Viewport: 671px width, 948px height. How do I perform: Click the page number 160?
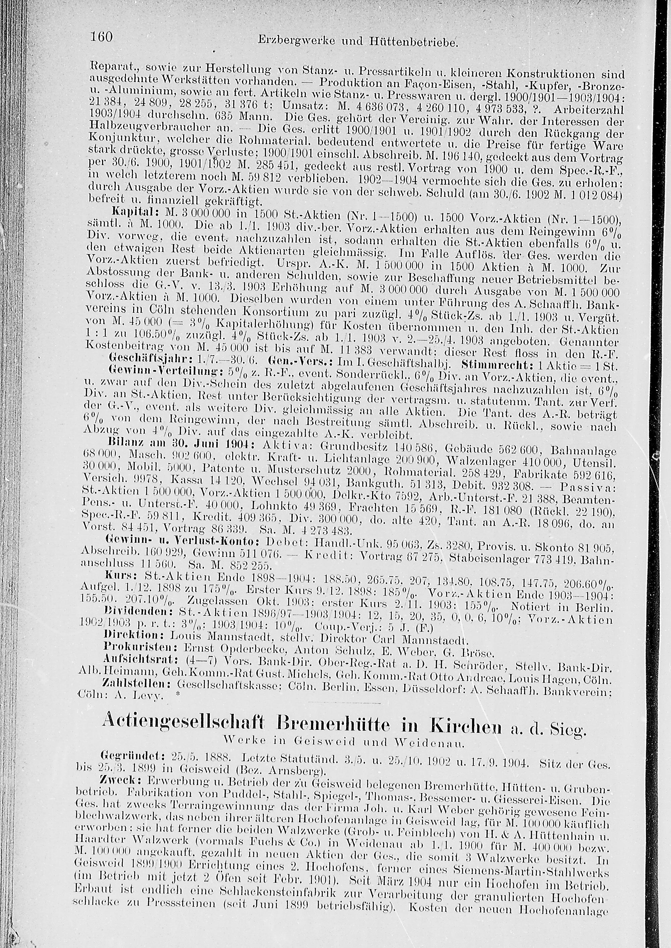101,37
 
